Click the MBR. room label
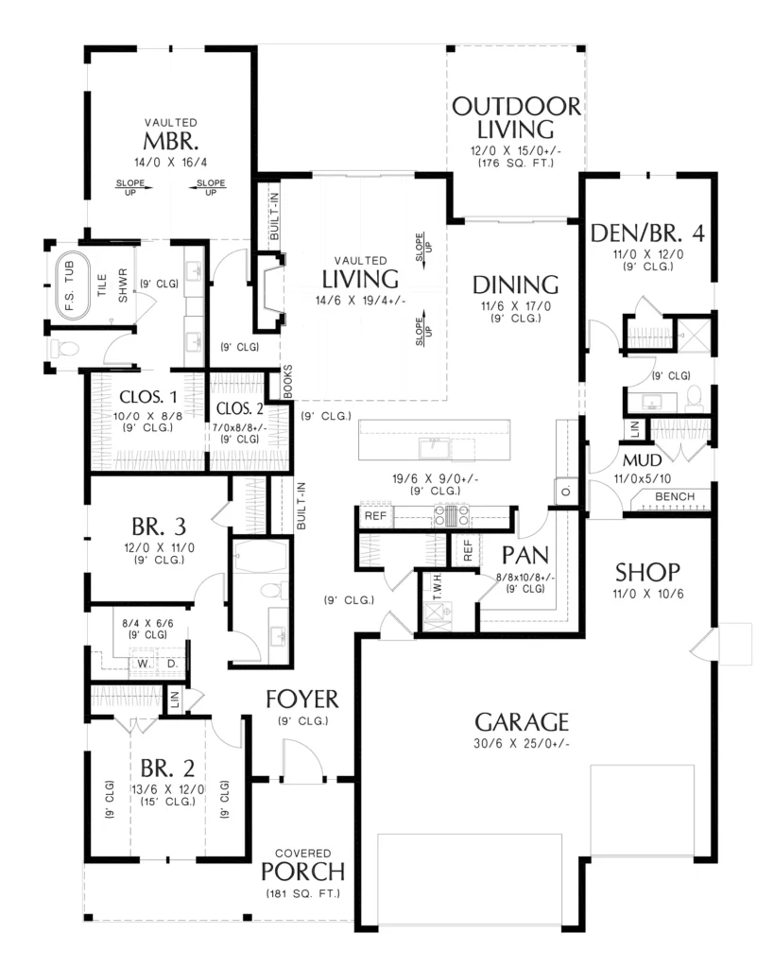[x=170, y=142]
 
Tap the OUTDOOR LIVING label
[x=516, y=117]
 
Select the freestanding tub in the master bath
[x=73, y=287]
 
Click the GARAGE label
[x=522, y=721]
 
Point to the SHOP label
[x=647, y=572]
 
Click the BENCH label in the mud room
[x=675, y=496]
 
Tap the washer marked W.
[x=144, y=664]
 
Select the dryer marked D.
[x=172, y=664]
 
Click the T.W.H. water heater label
[x=438, y=586]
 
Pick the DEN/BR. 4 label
[x=647, y=233]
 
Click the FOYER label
[x=301, y=699]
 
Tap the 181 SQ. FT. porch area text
[x=303, y=893]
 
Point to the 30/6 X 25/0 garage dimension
[x=522, y=743]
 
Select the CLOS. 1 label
[x=148, y=396]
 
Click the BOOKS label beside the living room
[x=287, y=382]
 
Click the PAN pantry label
[x=525, y=555]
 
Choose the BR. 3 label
[x=159, y=527]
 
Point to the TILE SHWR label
[x=112, y=285]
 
